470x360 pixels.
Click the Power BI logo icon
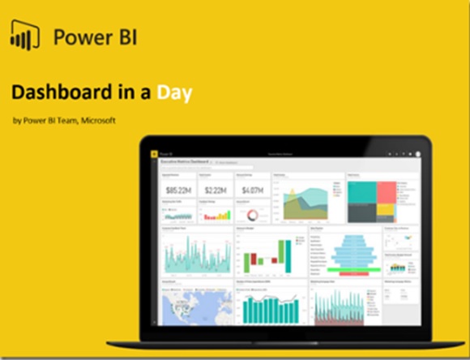(x=26, y=36)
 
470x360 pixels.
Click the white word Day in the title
(x=175, y=92)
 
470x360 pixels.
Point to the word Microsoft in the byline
(x=97, y=121)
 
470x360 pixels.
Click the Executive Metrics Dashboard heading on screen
(x=185, y=163)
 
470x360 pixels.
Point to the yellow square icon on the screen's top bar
(x=153, y=152)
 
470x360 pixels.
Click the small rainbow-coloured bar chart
(x=216, y=216)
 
